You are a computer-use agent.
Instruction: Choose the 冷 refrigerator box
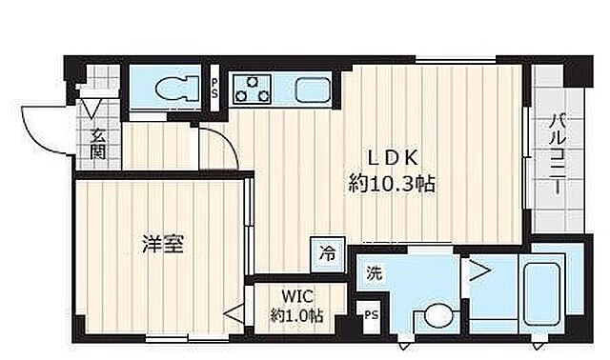[x=327, y=253]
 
